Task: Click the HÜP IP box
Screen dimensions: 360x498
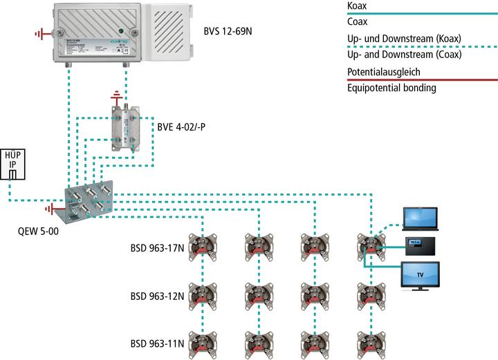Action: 13,164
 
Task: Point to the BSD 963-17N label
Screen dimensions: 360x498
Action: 158,247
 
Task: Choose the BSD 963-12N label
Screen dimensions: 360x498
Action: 158,296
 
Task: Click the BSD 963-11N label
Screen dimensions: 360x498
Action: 158,343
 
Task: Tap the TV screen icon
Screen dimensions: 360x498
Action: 421,275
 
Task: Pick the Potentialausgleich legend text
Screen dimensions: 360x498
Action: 383,71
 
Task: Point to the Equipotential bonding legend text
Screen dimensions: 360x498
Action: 391,88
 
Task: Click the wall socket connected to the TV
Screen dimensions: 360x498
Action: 367,245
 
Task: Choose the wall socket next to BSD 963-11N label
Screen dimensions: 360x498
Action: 201,342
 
